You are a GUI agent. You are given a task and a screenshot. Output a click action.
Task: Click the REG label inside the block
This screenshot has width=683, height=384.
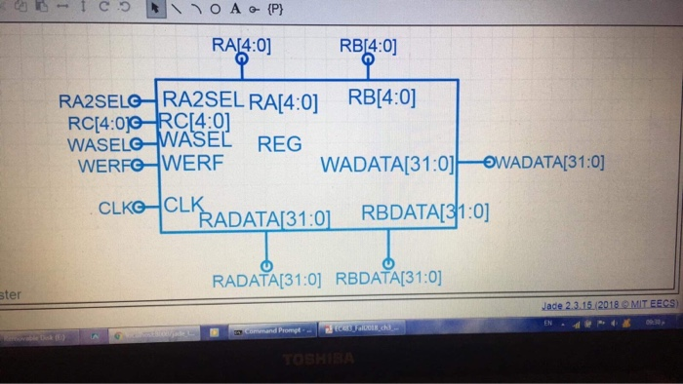[x=279, y=144]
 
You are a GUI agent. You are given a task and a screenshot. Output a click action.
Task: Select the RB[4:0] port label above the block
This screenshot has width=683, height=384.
[x=368, y=45]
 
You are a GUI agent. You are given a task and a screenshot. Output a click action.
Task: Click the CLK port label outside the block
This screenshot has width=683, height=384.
[x=117, y=207]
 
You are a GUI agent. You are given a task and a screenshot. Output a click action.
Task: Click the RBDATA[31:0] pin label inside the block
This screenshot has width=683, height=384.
[x=424, y=213]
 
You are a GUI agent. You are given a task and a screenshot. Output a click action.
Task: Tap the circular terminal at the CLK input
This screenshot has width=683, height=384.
[x=142, y=207]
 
